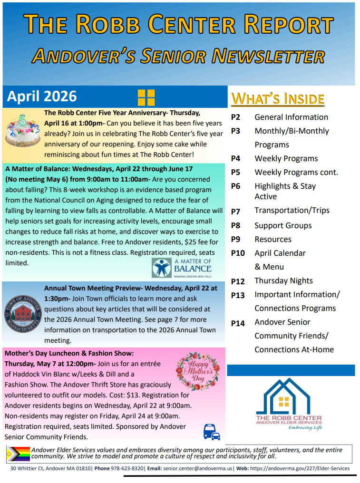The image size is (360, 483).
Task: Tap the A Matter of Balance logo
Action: pos(182,268)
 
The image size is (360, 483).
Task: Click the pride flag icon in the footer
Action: pos(18,454)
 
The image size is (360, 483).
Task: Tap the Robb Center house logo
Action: pos(289,404)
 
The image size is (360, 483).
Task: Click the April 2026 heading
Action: pos(42,97)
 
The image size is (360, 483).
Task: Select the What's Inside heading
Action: pos(278,99)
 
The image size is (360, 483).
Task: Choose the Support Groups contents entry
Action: pos(283,225)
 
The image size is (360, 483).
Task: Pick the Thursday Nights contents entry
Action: pos(283,280)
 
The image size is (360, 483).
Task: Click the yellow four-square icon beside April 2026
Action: pos(146,97)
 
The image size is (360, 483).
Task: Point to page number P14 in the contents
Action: pos(238,323)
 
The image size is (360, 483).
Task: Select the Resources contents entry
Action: pos(273,239)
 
